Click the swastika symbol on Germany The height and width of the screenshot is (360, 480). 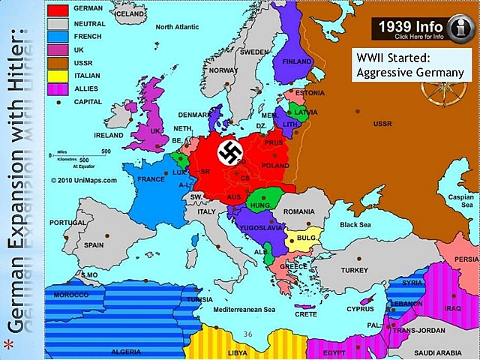[228, 153]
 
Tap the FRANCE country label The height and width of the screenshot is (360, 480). [150, 180]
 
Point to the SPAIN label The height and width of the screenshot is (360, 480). [94, 244]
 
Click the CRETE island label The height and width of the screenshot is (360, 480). [306, 314]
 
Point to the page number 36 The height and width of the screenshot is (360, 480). [249, 333]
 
